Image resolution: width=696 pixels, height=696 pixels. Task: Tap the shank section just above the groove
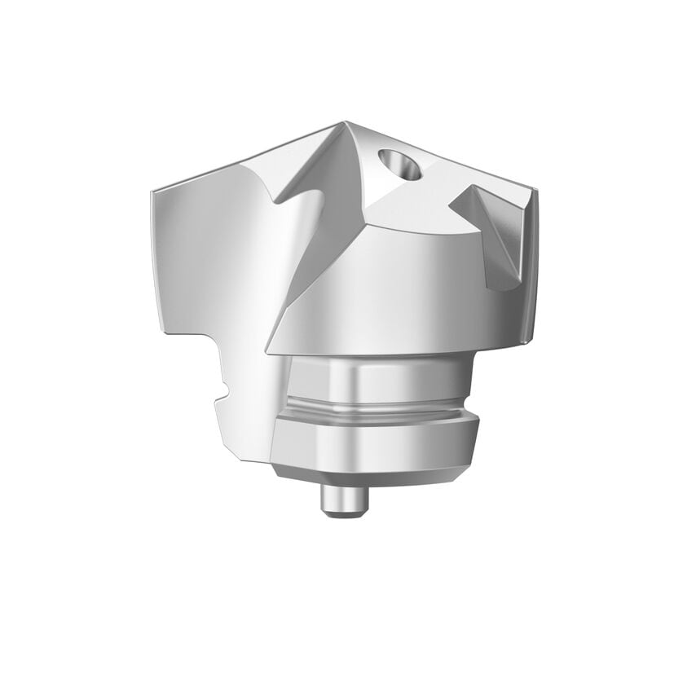[x=377, y=380]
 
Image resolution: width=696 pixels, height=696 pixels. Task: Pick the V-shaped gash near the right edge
[x=493, y=232]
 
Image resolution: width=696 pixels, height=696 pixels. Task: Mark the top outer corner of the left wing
[x=152, y=192]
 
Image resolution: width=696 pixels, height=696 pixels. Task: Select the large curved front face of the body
[x=391, y=285]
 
